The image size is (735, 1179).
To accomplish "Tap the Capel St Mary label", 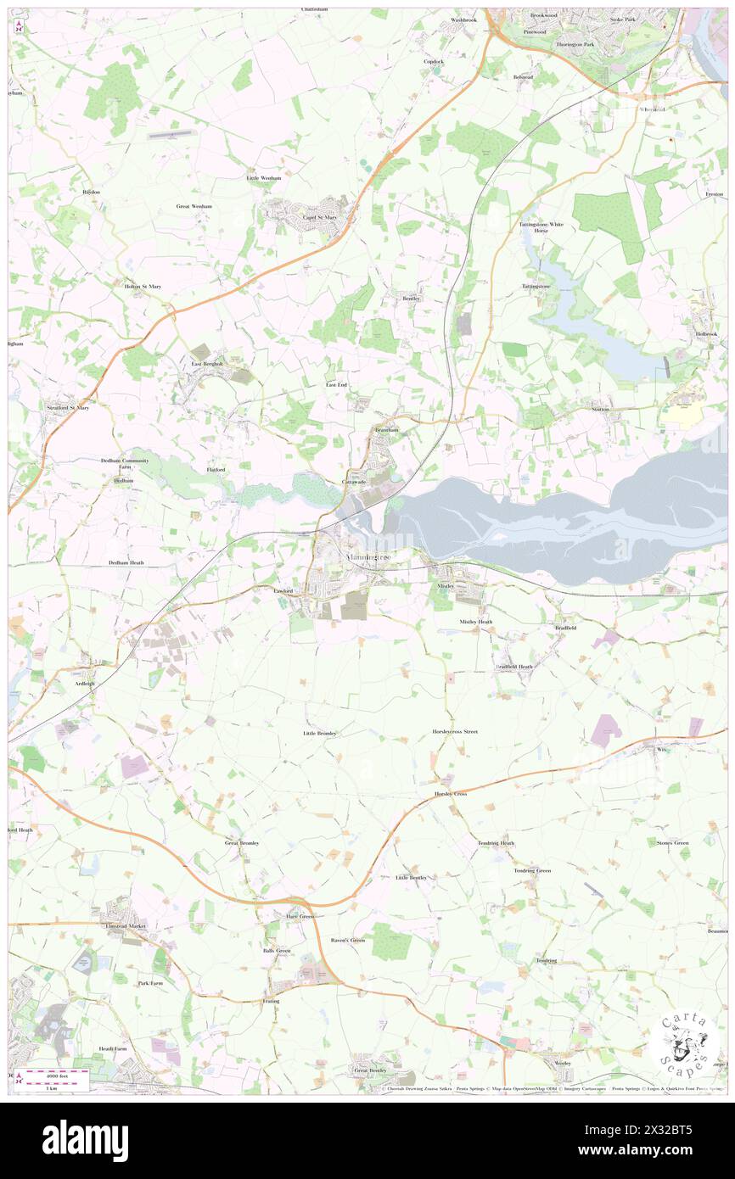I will [x=320, y=217].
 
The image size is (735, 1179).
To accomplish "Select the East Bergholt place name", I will [x=206, y=364].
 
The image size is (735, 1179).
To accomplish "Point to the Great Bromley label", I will [x=241, y=843].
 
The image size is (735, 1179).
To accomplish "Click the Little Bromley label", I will [x=320, y=733].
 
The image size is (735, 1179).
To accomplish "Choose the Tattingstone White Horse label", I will [x=541, y=227].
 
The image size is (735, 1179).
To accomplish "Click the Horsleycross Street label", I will [x=455, y=731].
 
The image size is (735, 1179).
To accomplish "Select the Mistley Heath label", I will [x=475, y=622].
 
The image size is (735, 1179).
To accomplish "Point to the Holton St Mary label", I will [x=143, y=287].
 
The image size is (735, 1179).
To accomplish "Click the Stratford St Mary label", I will [x=67, y=408].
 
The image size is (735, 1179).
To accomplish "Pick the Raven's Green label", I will [x=347, y=940].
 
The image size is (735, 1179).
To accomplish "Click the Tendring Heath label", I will [x=496, y=843].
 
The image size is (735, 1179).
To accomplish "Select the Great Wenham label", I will [x=194, y=206].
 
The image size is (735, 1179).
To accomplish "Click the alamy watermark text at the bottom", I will [x=85, y=1140].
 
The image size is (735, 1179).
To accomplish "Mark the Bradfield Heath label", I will [x=513, y=667].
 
